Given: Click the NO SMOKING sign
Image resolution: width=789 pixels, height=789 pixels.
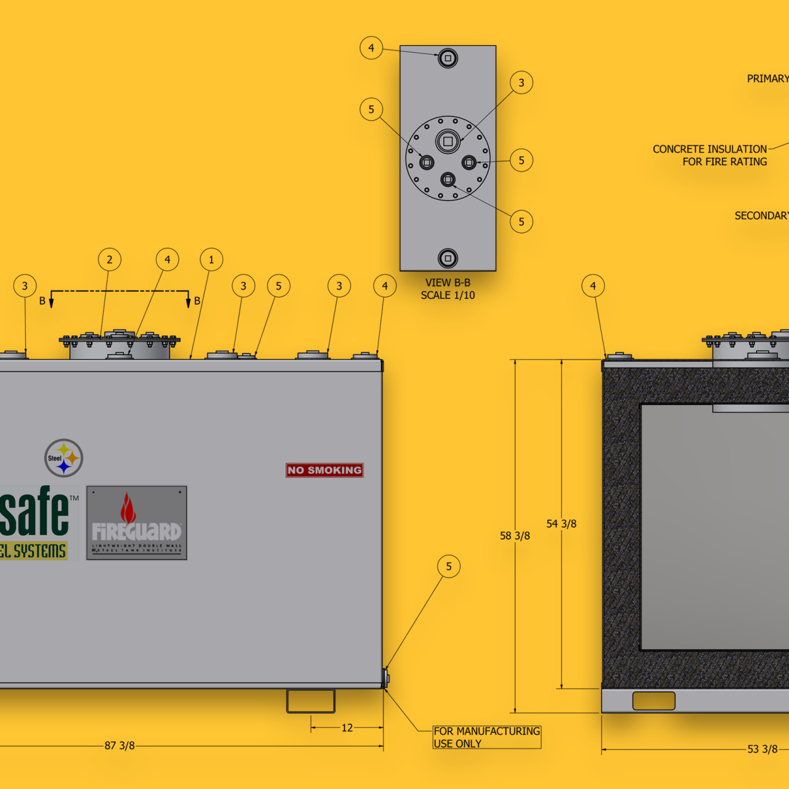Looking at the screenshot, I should coord(324,470).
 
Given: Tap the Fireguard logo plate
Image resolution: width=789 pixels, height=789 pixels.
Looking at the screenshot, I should coord(136,523).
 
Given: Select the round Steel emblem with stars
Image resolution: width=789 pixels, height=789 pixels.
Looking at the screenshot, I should coord(63,458).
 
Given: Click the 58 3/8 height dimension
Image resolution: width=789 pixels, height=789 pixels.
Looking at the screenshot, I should coord(515,536).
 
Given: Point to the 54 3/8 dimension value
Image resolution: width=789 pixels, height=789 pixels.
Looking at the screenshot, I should coord(561,524).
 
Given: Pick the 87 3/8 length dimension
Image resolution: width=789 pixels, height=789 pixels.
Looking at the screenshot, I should coord(120,746).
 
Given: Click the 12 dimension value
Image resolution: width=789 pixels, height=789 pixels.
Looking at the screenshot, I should coord(347,728).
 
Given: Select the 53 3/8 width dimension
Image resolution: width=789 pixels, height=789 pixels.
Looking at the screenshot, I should coord(762,749).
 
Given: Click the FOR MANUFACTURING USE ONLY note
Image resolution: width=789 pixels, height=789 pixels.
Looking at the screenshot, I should coord(486,737).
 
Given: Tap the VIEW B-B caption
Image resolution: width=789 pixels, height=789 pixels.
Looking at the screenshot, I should coord(448,282).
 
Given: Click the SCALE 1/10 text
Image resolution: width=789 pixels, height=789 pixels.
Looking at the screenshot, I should coord(448,295).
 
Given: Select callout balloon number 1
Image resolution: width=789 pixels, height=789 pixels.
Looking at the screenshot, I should coord(211,260).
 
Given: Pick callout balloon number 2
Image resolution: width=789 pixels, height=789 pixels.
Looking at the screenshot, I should coord(110,260).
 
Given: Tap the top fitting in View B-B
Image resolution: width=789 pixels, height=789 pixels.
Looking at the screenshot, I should coord(448,59).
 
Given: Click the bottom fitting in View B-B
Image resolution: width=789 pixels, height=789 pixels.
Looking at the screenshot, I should coord(448,258).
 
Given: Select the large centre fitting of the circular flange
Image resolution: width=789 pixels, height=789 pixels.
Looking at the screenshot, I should coord(448,141).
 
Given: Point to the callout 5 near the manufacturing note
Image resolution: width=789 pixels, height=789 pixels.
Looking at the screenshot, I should coord(449,566).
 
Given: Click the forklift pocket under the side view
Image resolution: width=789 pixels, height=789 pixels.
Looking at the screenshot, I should coord(311,701).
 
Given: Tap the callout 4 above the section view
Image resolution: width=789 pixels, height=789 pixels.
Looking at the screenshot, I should coord(593,286).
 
